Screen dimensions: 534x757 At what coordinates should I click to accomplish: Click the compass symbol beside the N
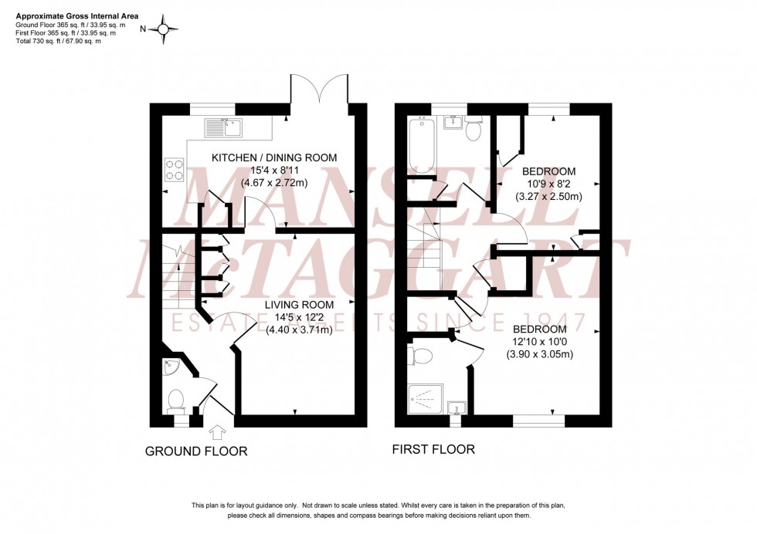point(164,29)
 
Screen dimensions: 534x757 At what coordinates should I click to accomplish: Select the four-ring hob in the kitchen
point(174,169)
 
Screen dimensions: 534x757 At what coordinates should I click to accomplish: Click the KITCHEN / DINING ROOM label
point(275,157)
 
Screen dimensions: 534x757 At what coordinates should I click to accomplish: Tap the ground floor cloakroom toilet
point(176,400)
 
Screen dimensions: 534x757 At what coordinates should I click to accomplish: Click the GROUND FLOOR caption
point(196,451)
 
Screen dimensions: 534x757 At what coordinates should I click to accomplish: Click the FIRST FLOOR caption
point(433,449)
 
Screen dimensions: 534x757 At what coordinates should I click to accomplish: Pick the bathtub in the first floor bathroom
point(421,145)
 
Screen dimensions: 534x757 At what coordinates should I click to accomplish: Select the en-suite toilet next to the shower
point(423,356)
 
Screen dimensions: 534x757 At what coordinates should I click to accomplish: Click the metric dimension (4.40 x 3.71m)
point(299,330)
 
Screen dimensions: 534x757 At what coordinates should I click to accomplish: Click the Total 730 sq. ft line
point(59,41)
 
